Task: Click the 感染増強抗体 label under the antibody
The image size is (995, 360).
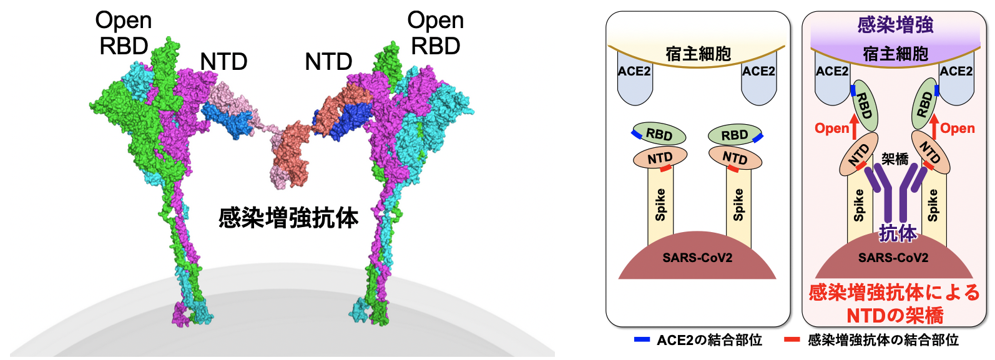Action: [x=288, y=218]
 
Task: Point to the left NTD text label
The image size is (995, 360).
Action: [x=223, y=62]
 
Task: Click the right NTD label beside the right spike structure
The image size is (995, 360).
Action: [x=328, y=62]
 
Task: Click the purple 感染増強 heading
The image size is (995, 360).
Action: [x=895, y=25]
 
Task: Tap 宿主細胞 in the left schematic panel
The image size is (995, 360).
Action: [x=698, y=54]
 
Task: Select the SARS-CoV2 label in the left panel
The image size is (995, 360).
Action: [x=697, y=258]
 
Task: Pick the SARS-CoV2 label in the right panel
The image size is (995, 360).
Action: [x=893, y=258]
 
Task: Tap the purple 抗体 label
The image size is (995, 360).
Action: [x=898, y=233]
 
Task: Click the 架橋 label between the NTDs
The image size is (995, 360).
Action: [x=895, y=159]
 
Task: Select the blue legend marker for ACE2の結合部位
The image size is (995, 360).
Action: [x=642, y=340]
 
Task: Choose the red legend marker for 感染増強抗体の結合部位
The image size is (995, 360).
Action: [x=792, y=340]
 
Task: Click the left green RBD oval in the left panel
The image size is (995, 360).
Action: [x=659, y=134]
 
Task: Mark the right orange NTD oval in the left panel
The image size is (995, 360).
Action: [x=735, y=158]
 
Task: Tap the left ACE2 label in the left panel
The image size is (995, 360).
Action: [x=634, y=71]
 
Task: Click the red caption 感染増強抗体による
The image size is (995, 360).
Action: [x=894, y=292]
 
